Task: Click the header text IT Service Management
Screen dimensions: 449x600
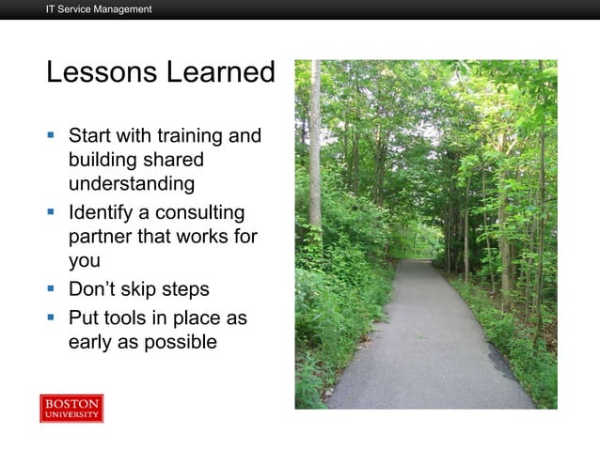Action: click(x=99, y=9)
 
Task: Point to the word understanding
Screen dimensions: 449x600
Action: click(x=131, y=183)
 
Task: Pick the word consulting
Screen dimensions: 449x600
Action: click(x=197, y=213)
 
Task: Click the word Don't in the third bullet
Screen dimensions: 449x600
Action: click(x=94, y=288)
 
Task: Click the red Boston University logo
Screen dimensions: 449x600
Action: click(x=71, y=409)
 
